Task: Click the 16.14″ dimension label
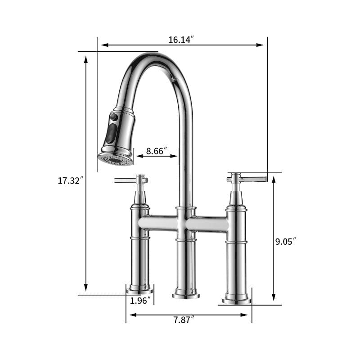pyautogui.click(x=181, y=40)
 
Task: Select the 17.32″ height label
pyautogui.click(x=71, y=181)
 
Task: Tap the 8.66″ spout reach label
pyautogui.click(x=157, y=151)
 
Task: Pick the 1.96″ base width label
pyautogui.click(x=139, y=301)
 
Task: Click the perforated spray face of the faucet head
pyautogui.click(x=115, y=159)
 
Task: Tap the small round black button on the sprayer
pyautogui.click(x=114, y=117)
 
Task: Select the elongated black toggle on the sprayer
pyautogui.click(x=111, y=134)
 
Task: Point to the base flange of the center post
pyautogui.click(x=186, y=295)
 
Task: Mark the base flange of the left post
pyautogui.click(x=139, y=291)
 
